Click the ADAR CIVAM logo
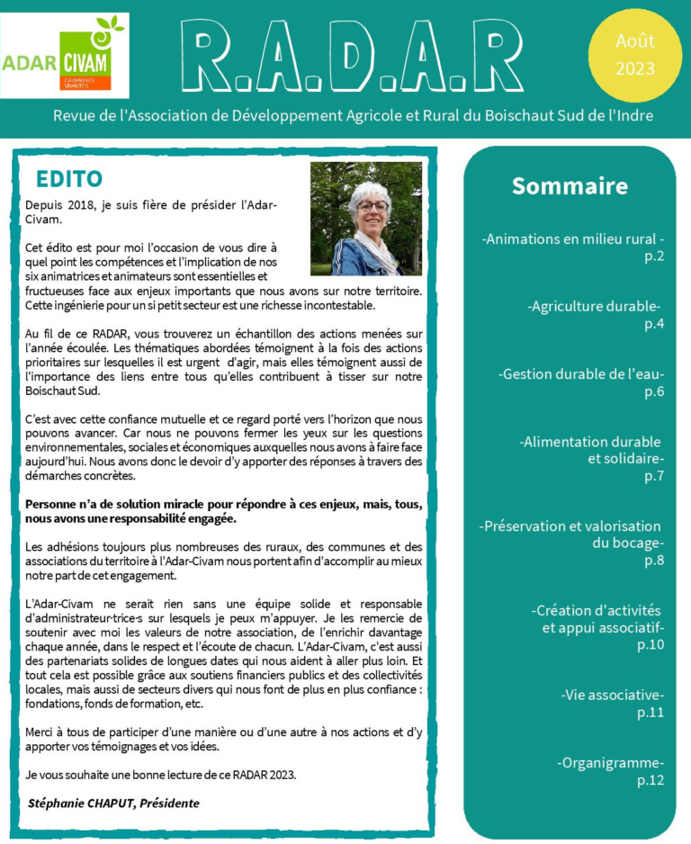(x=65, y=56)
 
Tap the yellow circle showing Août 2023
(x=635, y=55)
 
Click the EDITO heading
(x=69, y=179)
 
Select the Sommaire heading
(x=570, y=186)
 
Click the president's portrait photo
(x=366, y=219)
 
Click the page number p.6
(x=654, y=391)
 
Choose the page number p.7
(x=654, y=476)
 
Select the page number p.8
(x=654, y=561)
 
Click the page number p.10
(x=651, y=644)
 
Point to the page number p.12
(x=651, y=780)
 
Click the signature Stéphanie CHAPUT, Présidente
(x=113, y=803)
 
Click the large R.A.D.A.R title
(x=352, y=56)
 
